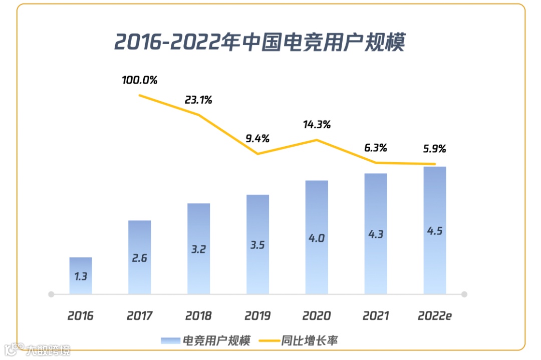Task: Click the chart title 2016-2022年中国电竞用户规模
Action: coord(259,43)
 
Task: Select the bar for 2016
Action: coord(81,275)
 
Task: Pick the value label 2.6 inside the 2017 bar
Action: coord(140,259)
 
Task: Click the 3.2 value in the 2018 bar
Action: coord(198,249)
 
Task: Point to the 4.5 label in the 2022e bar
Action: coord(434,231)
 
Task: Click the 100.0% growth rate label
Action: coord(140,80)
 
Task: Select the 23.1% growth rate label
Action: coord(198,100)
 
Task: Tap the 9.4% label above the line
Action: coord(257,138)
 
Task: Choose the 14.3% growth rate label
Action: coord(317,124)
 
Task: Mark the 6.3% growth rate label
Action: coord(376,148)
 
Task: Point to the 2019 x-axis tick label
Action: coord(257,316)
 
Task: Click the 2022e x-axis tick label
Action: coord(434,316)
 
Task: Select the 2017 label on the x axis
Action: coord(140,316)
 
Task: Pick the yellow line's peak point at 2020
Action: coord(317,140)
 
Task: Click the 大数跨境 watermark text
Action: coord(49,349)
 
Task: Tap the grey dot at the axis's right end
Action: coord(464,294)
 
